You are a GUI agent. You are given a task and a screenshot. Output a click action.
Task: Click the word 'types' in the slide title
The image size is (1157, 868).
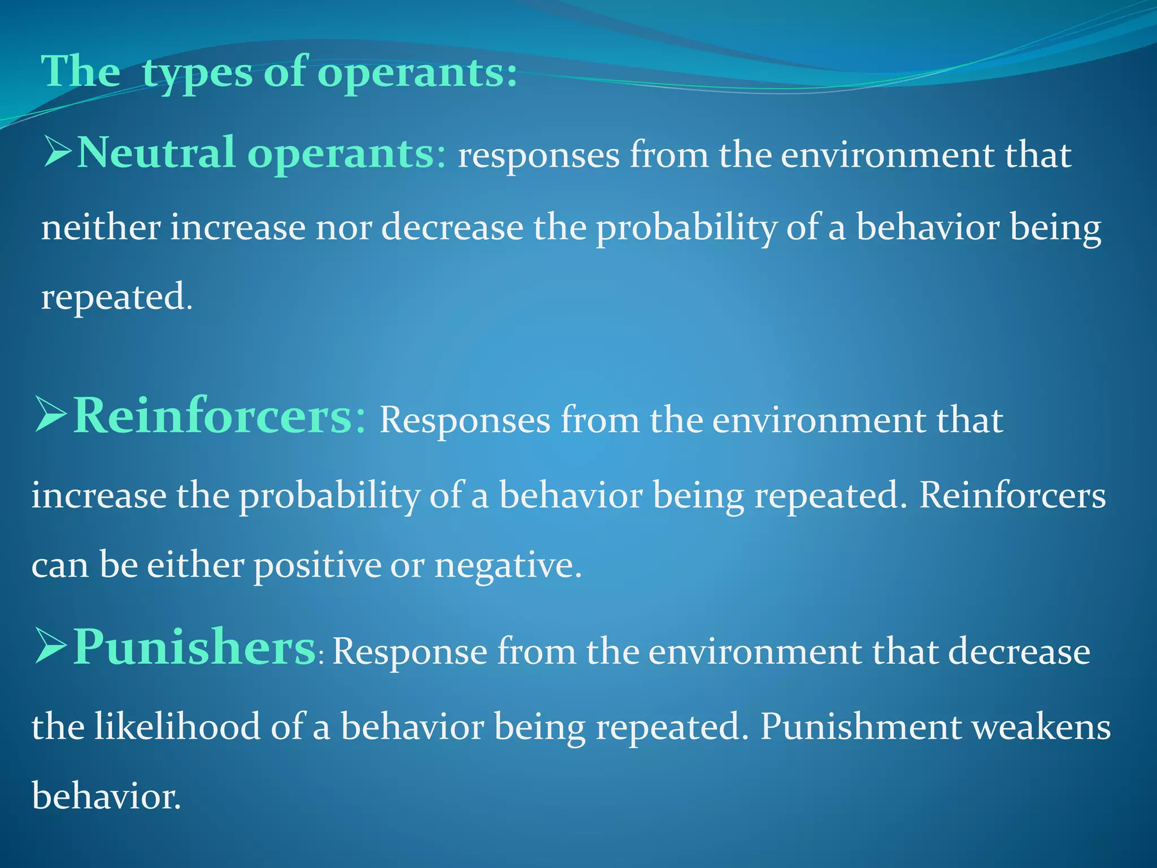click(197, 73)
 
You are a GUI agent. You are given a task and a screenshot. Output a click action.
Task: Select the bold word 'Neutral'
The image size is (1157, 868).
click(155, 154)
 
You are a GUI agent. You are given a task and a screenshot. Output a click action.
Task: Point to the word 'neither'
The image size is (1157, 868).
click(101, 228)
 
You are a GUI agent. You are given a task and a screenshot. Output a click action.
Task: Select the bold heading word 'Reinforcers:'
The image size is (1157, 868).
click(220, 417)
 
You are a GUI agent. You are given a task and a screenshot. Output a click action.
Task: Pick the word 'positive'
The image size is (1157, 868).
click(317, 565)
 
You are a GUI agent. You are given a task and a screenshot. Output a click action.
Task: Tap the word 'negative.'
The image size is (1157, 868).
click(507, 565)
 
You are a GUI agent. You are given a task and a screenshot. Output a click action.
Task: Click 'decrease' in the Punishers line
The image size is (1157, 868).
click(1019, 652)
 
